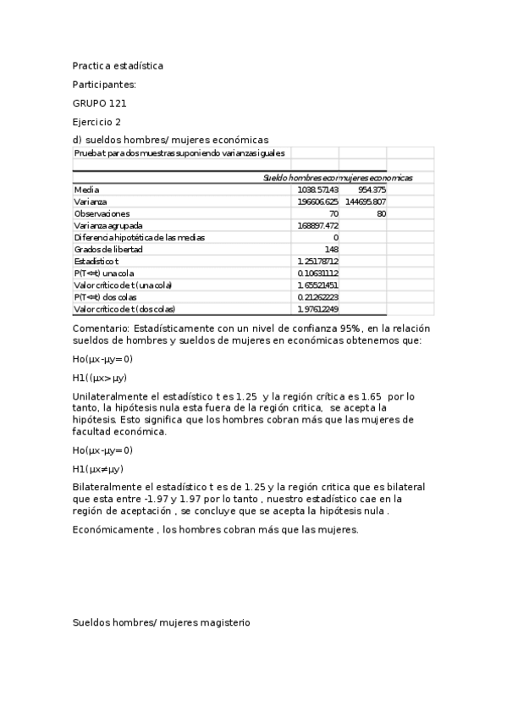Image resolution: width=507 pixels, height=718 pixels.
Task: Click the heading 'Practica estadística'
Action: point(118,65)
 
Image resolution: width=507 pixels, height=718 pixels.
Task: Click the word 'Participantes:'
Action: point(104,84)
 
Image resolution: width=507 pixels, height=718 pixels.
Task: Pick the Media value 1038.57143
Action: point(318,191)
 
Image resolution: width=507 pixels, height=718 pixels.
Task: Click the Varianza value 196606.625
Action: point(318,202)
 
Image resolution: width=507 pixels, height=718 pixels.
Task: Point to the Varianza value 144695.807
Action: point(366,202)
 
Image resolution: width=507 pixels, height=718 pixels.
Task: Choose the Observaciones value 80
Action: point(381,214)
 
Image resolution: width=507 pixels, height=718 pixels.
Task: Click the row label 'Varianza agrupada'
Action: point(108,226)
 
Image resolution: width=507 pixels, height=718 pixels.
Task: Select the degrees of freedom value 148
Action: point(331,250)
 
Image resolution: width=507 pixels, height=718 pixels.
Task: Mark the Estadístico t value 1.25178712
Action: point(318,262)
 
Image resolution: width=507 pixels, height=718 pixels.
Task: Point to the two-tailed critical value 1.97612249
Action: point(318,309)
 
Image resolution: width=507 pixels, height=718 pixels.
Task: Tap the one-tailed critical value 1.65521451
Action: point(318,285)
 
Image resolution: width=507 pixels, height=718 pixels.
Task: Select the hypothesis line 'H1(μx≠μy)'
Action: point(98,468)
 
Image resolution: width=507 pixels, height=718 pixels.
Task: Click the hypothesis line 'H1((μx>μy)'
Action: point(100,378)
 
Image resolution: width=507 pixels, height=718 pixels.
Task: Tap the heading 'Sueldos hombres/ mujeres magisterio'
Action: point(162,622)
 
